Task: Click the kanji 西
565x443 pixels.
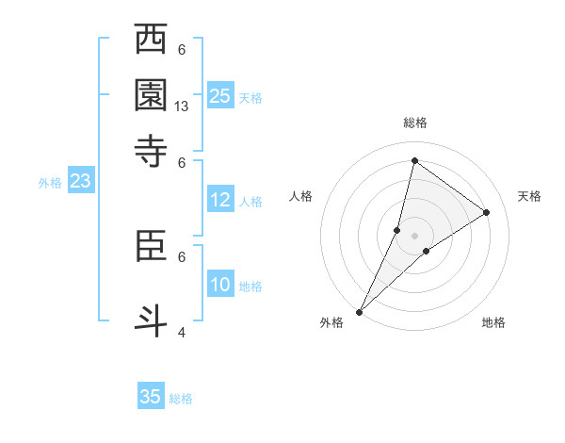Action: pos(152,41)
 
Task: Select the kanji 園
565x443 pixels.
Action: pos(152,95)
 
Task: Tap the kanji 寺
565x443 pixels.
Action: pos(152,150)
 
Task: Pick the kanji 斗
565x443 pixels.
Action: pos(152,316)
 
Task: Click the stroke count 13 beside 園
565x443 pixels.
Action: pos(183,107)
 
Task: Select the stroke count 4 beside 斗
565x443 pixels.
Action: pos(182,331)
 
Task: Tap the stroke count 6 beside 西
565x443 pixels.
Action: pos(182,50)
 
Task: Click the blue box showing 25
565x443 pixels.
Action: pos(220,95)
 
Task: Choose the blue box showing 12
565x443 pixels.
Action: pos(220,200)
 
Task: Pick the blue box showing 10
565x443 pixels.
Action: pos(220,285)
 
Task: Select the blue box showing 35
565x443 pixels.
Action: pos(151,397)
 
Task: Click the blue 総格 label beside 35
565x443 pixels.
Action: pos(181,399)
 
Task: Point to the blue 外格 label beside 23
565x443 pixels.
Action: pos(50,184)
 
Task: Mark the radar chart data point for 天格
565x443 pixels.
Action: pos(487,212)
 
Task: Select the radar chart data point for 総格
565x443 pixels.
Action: pos(414,161)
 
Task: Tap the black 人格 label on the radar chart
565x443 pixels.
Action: pos(300,196)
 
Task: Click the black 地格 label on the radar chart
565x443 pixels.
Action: pos(493,323)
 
